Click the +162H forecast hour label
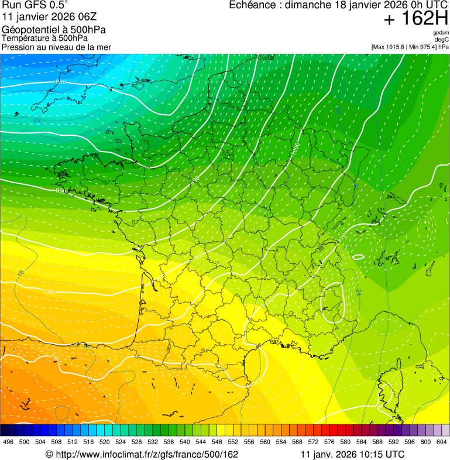click(416, 19)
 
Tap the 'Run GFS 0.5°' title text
click(35, 5)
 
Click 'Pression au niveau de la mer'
click(56, 47)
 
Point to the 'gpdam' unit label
click(441, 33)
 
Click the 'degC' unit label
click(442, 39)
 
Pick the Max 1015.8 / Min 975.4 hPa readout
click(410, 46)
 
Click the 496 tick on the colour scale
click(8, 442)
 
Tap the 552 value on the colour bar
click(233, 442)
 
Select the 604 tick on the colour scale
click(441, 442)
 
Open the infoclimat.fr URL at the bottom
click(142, 454)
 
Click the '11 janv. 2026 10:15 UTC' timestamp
click(352, 454)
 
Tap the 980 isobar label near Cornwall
click(60, 82)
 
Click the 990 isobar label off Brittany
click(60, 191)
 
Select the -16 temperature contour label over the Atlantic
click(21, 273)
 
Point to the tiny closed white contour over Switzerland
click(358, 256)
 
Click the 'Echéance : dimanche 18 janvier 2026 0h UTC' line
click(338, 5)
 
